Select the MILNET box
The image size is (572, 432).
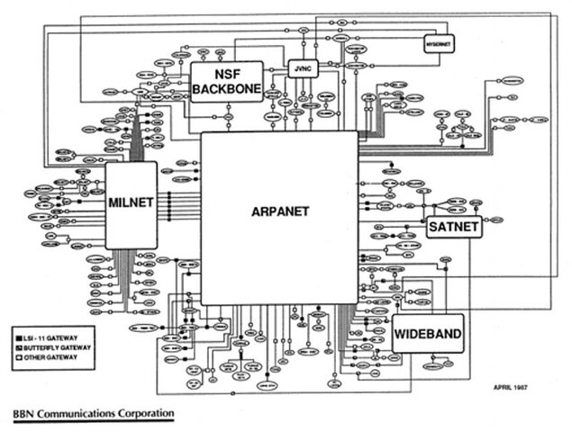pyautogui.click(x=131, y=204)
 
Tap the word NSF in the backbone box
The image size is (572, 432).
pyautogui.click(x=226, y=74)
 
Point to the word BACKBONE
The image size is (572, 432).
pyautogui.click(x=226, y=88)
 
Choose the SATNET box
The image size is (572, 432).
pyautogui.click(x=454, y=227)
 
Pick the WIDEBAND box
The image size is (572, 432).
pyautogui.click(x=428, y=337)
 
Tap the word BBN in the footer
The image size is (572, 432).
pyautogui.click(x=24, y=413)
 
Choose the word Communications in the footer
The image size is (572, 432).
pyautogui.click(x=78, y=413)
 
